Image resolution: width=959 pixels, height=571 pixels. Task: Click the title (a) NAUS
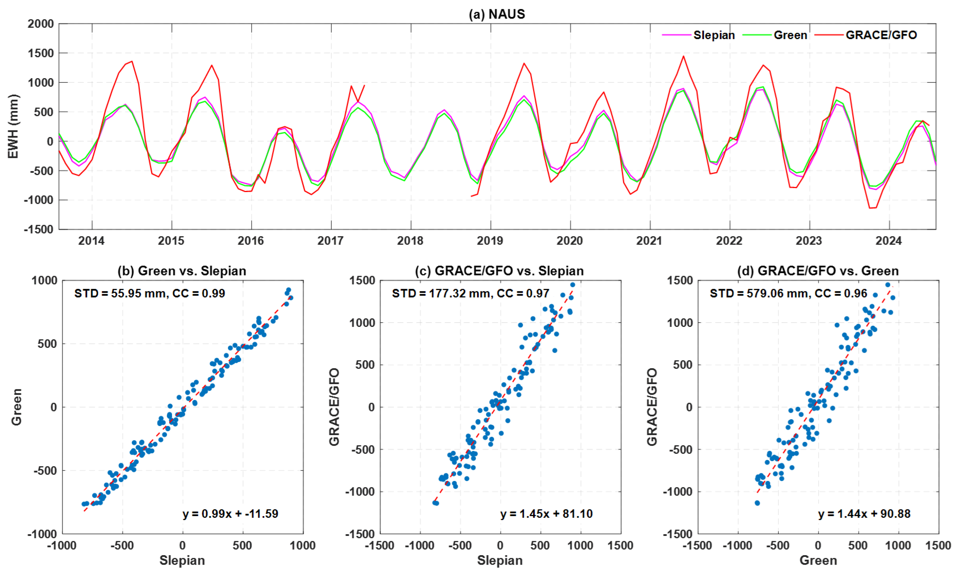(x=497, y=14)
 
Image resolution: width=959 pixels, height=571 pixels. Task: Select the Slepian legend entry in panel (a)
(x=713, y=35)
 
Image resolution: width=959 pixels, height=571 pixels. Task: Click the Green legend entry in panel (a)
(x=790, y=35)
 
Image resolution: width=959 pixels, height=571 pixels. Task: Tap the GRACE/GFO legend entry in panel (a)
(x=881, y=35)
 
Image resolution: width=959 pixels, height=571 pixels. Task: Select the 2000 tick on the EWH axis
(x=40, y=24)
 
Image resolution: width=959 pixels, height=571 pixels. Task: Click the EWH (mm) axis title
(x=13, y=126)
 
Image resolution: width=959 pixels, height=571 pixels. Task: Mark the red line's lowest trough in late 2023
(x=870, y=208)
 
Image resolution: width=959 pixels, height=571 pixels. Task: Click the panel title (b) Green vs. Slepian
(x=182, y=271)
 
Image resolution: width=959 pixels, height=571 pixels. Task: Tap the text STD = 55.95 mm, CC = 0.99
(x=150, y=293)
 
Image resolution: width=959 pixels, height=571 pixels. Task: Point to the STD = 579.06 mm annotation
(x=788, y=293)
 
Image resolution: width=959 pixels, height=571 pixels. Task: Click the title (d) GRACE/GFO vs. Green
(x=818, y=271)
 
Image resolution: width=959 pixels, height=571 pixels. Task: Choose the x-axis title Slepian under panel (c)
(x=500, y=560)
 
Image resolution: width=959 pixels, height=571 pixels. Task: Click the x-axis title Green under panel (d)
(x=818, y=560)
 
